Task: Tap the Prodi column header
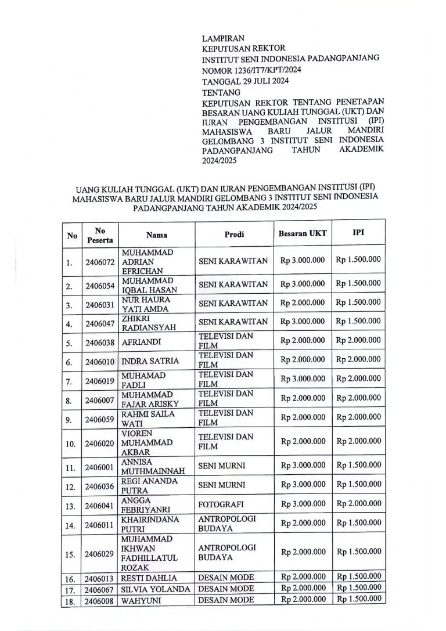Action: [234, 235]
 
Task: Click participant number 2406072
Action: [100, 262]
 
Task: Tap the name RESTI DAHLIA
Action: [148, 578]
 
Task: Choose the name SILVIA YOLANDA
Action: [156, 589]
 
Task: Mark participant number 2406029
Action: [100, 554]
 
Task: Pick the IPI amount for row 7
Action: [358, 379]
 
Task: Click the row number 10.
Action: [71, 445]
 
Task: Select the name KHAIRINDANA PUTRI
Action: [150, 524]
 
